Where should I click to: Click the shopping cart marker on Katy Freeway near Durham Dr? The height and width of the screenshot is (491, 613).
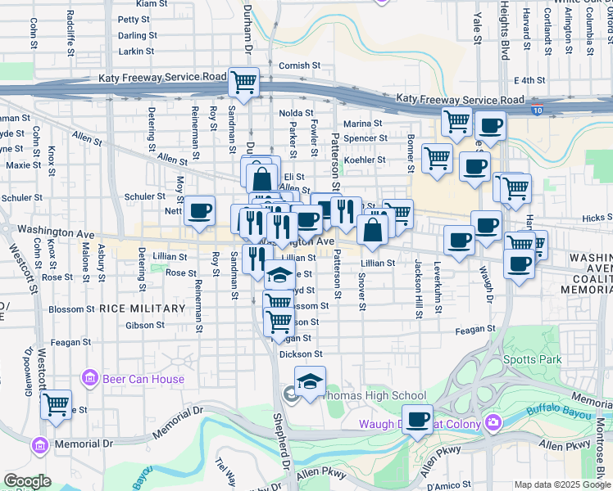click(243, 82)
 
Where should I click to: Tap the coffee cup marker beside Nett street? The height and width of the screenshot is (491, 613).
click(199, 211)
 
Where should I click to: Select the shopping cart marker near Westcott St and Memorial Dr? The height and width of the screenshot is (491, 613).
click(56, 403)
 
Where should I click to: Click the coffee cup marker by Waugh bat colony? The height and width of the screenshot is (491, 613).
click(418, 419)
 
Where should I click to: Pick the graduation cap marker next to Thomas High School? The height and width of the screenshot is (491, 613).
click(310, 381)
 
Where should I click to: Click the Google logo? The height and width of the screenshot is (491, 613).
click(27, 481)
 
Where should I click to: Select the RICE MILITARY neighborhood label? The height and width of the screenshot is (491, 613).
click(143, 309)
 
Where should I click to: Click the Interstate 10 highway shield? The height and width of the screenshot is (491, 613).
click(536, 110)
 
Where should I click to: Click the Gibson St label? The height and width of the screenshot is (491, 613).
click(145, 325)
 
